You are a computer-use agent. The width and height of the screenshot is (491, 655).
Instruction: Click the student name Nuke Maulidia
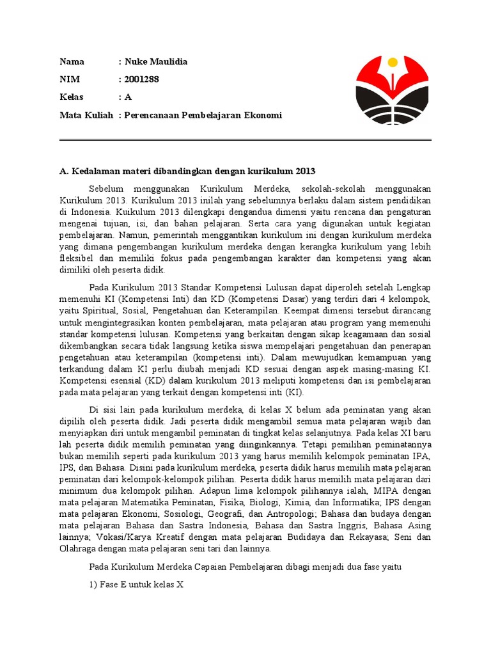(x=156, y=61)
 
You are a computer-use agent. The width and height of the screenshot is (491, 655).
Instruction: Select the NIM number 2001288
(x=141, y=79)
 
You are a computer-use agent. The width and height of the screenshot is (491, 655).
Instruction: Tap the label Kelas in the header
(x=72, y=97)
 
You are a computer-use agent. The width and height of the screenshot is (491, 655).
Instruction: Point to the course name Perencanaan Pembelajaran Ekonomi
(x=203, y=115)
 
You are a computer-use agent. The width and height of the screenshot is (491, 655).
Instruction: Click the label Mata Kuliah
(x=86, y=115)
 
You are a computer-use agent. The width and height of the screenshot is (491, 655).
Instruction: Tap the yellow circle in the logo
(x=393, y=63)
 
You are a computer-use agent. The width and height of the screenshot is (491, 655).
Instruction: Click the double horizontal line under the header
(x=245, y=140)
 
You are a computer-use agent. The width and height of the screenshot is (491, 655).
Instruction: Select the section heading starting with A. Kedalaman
(x=187, y=171)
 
